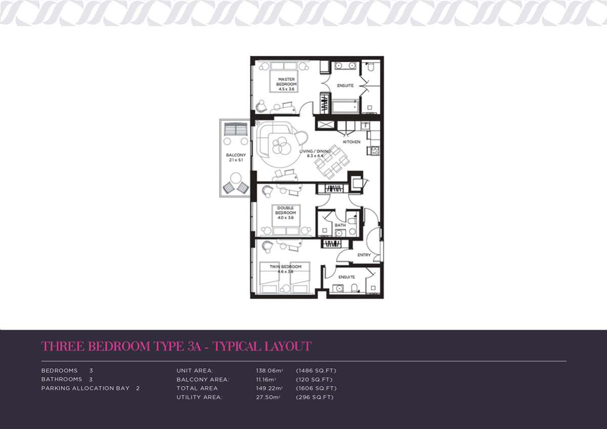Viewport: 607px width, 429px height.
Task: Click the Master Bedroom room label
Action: tap(286, 82)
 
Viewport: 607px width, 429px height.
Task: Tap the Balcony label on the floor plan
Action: tap(236, 155)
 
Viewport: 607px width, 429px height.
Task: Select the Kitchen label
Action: tap(352, 142)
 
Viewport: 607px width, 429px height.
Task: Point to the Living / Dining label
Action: tap(315, 151)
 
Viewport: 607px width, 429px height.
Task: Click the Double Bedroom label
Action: tap(286, 210)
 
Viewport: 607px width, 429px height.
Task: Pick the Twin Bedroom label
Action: tap(285, 267)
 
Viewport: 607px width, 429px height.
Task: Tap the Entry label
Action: tap(364, 255)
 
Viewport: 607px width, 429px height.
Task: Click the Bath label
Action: tap(340, 225)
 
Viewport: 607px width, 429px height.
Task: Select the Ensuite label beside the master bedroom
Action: tap(345, 85)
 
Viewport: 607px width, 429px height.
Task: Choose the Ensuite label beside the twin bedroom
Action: tap(346, 277)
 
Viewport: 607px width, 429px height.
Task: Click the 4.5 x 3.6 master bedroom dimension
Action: tap(286, 89)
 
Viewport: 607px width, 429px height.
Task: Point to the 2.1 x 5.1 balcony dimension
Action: tap(236, 160)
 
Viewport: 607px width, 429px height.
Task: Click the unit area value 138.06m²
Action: tap(270, 370)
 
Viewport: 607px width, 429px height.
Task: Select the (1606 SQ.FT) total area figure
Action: tap(316, 389)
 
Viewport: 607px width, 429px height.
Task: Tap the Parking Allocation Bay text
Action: tap(85, 389)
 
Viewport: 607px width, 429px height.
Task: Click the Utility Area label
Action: tap(199, 397)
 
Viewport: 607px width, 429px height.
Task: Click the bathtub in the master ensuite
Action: tap(345, 107)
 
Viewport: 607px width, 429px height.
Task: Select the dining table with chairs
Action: tap(332, 162)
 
